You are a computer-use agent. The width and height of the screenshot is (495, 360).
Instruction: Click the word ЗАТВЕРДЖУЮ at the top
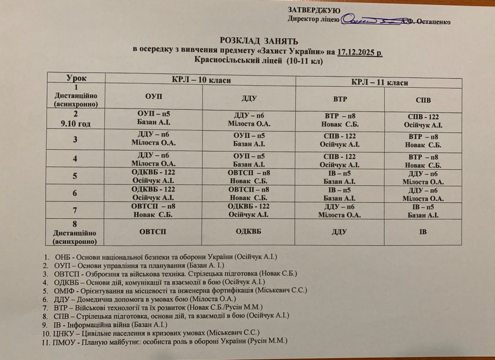[x=314, y=10]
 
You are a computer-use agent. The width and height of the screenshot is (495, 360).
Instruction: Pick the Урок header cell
[x=76, y=77]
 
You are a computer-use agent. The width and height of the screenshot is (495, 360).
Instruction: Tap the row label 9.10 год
[x=76, y=123]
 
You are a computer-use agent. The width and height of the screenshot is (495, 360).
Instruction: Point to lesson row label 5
[x=75, y=176]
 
